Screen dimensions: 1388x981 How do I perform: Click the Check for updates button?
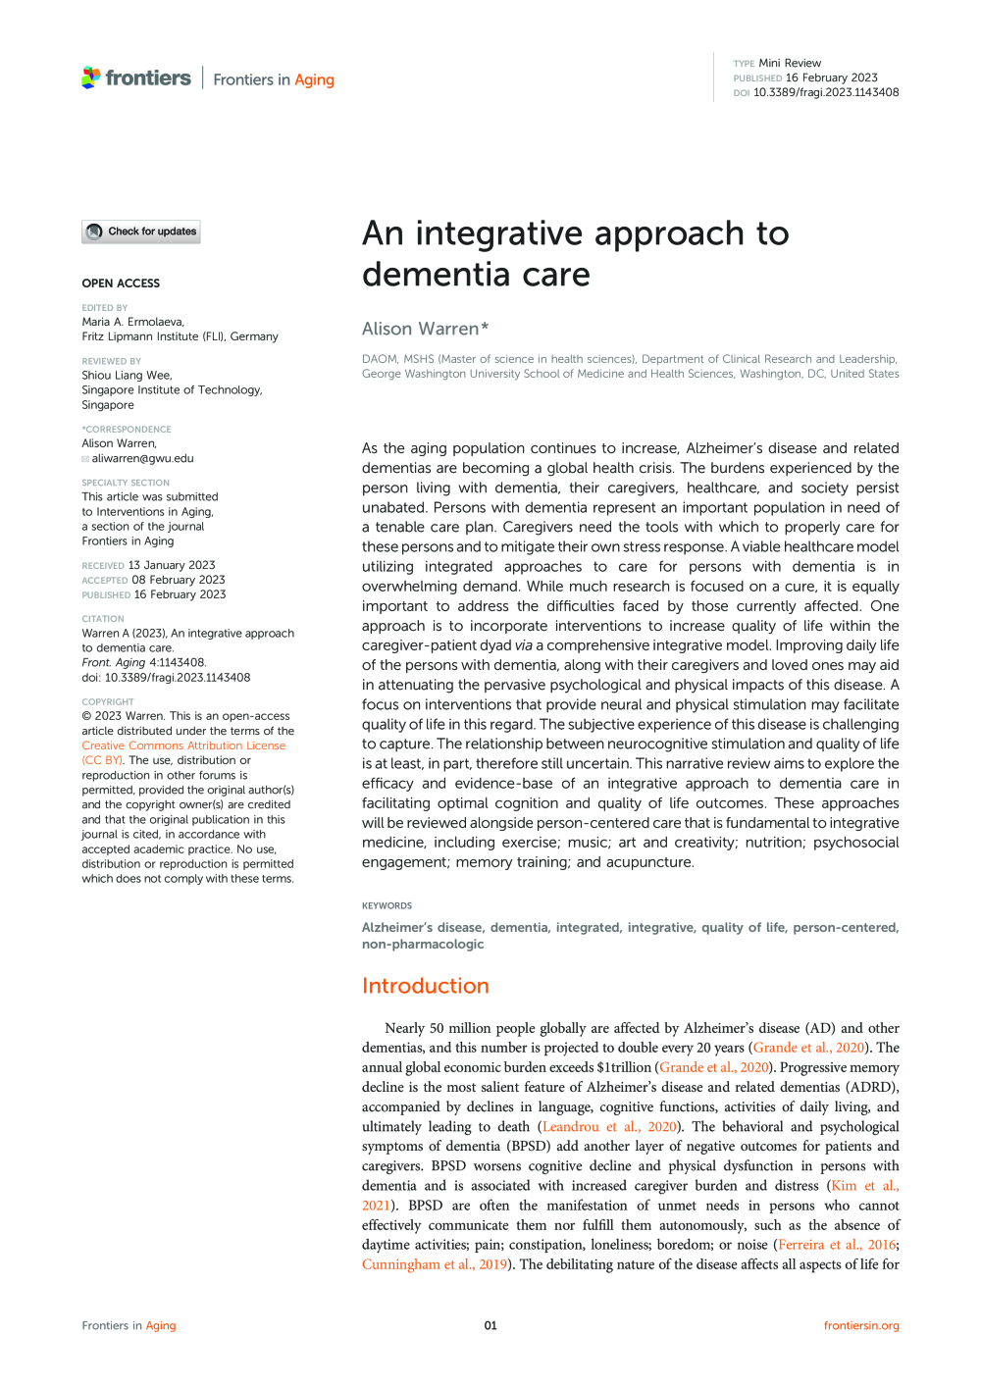141,231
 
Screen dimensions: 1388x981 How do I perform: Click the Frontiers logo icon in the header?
91,77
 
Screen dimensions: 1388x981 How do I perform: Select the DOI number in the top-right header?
825,93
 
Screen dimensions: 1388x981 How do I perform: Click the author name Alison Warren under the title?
420,329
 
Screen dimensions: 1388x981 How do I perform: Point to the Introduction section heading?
425,986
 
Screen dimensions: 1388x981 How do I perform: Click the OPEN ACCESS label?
121,283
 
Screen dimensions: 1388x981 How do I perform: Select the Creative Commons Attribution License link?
183,745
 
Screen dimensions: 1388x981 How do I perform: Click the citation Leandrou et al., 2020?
609,1127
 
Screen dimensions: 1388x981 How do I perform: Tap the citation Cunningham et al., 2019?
434,1264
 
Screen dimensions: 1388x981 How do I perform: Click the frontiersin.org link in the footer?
860,1325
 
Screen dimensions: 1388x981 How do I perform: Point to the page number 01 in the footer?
490,1325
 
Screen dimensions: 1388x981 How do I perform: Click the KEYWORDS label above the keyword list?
387,905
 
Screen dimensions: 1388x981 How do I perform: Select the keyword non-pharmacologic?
423,944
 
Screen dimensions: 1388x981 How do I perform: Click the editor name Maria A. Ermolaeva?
132,322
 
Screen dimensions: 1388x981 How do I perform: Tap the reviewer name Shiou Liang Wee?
127,375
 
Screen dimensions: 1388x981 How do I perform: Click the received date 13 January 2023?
172,565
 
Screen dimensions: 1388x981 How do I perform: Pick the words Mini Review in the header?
790,63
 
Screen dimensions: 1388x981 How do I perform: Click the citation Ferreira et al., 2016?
837,1245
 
